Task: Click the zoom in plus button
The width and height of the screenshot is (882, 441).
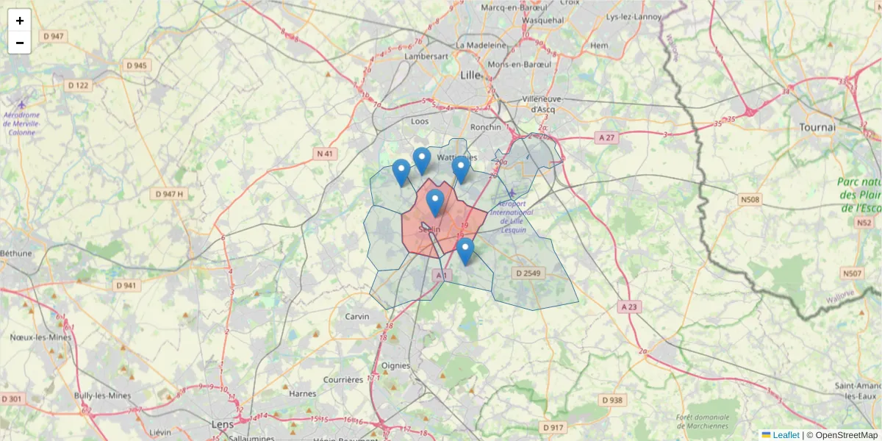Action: coord(19,21)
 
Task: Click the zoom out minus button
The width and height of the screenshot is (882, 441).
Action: coord(19,43)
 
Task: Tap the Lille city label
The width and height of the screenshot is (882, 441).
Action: coord(469,75)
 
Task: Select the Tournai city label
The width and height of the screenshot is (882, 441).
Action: coord(817,127)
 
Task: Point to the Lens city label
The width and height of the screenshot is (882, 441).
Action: coord(221,425)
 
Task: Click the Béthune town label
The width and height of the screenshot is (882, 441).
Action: coord(16,254)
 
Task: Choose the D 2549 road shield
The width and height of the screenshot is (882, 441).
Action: coord(528,273)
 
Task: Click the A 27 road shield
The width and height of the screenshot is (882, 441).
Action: coord(606,137)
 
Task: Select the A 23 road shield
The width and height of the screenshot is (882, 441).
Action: coord(628,306)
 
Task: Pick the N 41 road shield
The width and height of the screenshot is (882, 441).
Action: coord(325,154)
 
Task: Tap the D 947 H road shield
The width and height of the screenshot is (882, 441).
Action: coord(169,194)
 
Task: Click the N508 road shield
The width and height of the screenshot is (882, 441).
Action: coord(750,198)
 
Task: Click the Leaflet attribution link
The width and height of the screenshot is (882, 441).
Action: coord(786,435)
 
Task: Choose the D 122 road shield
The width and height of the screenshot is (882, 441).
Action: coord(78,85)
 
